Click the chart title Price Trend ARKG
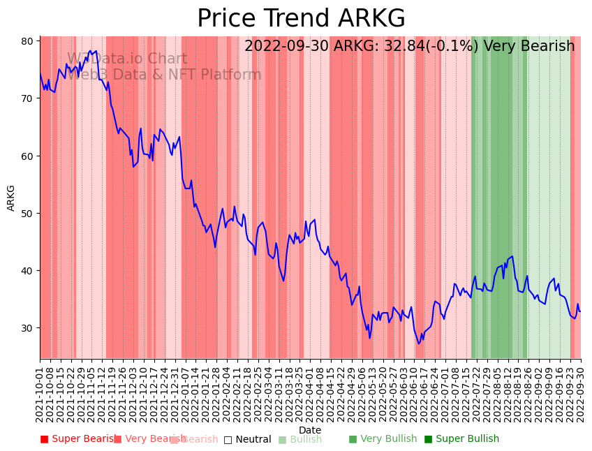[301, 18]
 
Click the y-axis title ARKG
[11, 198]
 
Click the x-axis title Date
[310, 430]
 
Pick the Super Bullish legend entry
[461, 439]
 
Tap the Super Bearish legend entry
[78, 439]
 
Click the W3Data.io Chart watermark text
[127, 59]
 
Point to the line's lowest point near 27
[419, 343]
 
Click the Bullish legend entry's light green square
[282, 440]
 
